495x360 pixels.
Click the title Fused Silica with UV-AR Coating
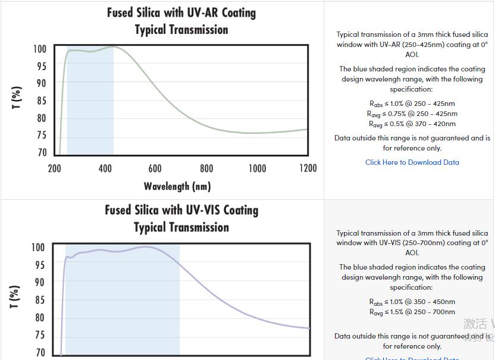click(x=181, y=12)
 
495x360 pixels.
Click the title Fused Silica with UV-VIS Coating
click(x=181, y=210)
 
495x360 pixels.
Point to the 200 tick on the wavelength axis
click(x=54, y=168)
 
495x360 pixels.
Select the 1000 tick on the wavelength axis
click(x=257, y=168)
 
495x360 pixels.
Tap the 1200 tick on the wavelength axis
click(x=308, y=168)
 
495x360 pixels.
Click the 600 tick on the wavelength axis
click(x=155, y=168)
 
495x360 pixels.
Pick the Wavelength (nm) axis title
click(x=177, y=186)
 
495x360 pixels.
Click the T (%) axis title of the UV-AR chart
click(x=17, y=98)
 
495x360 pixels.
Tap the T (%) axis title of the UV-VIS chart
click(x=15, y=296)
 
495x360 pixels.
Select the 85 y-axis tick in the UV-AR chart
click(x=40, y=101)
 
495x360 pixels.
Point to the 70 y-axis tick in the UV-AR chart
click(x=40, y=152)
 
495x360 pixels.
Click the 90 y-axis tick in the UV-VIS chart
click(x=39, y=282)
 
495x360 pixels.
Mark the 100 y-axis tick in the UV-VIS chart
click(x=37, y=248)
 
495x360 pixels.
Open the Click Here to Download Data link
click(x=412, y=162)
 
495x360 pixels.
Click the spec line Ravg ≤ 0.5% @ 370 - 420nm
click(x=412, y=124)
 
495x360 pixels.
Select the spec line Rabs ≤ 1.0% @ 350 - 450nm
click(x=412, y=302)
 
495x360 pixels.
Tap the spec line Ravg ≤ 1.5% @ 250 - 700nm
click(x=412, y=312)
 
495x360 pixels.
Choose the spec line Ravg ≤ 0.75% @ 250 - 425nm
click(x=412, y=114)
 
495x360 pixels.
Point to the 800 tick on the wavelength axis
click(x=206, y=168)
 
